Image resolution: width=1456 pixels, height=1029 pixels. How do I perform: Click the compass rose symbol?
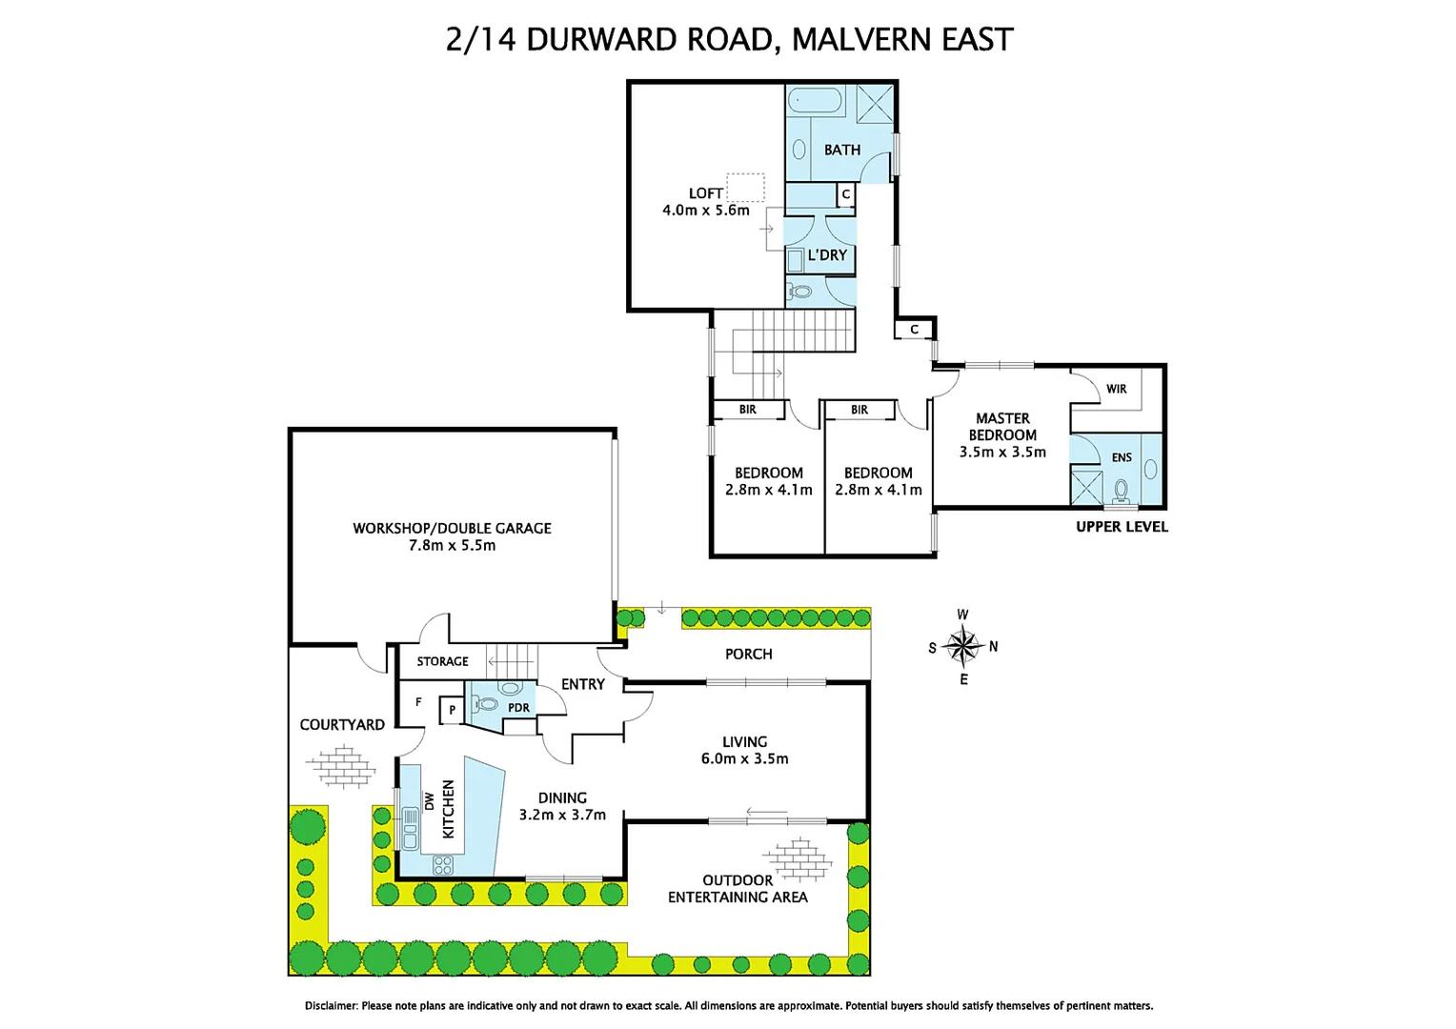click(x=963, y=647)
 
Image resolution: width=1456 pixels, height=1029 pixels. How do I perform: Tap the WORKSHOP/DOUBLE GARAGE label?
click(x=452, y=528)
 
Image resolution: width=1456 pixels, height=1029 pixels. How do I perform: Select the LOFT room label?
click(x=706, y=193)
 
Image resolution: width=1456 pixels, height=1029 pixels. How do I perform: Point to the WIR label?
click(x=1117, y=389)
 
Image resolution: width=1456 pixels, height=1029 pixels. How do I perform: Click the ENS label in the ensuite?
click(x=1122, y=457)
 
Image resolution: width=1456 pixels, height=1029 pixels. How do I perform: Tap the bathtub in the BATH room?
click(x=815, y=102)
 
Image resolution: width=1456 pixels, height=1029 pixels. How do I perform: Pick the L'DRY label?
click(x=827, y=255)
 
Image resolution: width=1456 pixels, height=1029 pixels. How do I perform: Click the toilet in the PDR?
click(x=487, y=704)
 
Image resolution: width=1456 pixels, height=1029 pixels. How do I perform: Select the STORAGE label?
click(x=442, y=661)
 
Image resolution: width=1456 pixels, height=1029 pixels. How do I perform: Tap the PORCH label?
click(x=748, y=654)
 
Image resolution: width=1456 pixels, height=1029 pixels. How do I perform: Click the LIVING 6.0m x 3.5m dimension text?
click(x=744, y=758)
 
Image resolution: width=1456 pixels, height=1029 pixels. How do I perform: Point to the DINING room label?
click(x=562, y=797)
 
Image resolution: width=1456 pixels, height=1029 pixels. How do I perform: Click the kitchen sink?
click(x=411, y=829)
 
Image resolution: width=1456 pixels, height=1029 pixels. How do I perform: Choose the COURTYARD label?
click(x=342, y=724)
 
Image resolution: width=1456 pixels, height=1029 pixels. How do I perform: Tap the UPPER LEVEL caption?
click(x=1122, y=527)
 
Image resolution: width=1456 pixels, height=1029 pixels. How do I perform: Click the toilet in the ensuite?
click(x=1122, y=491)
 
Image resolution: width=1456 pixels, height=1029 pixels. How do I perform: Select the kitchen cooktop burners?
click(x=443, y=865)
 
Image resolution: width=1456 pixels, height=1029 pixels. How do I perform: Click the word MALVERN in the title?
click(x=861, y=40)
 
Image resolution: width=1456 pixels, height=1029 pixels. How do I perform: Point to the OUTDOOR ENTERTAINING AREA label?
click(x=738, y=889)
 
